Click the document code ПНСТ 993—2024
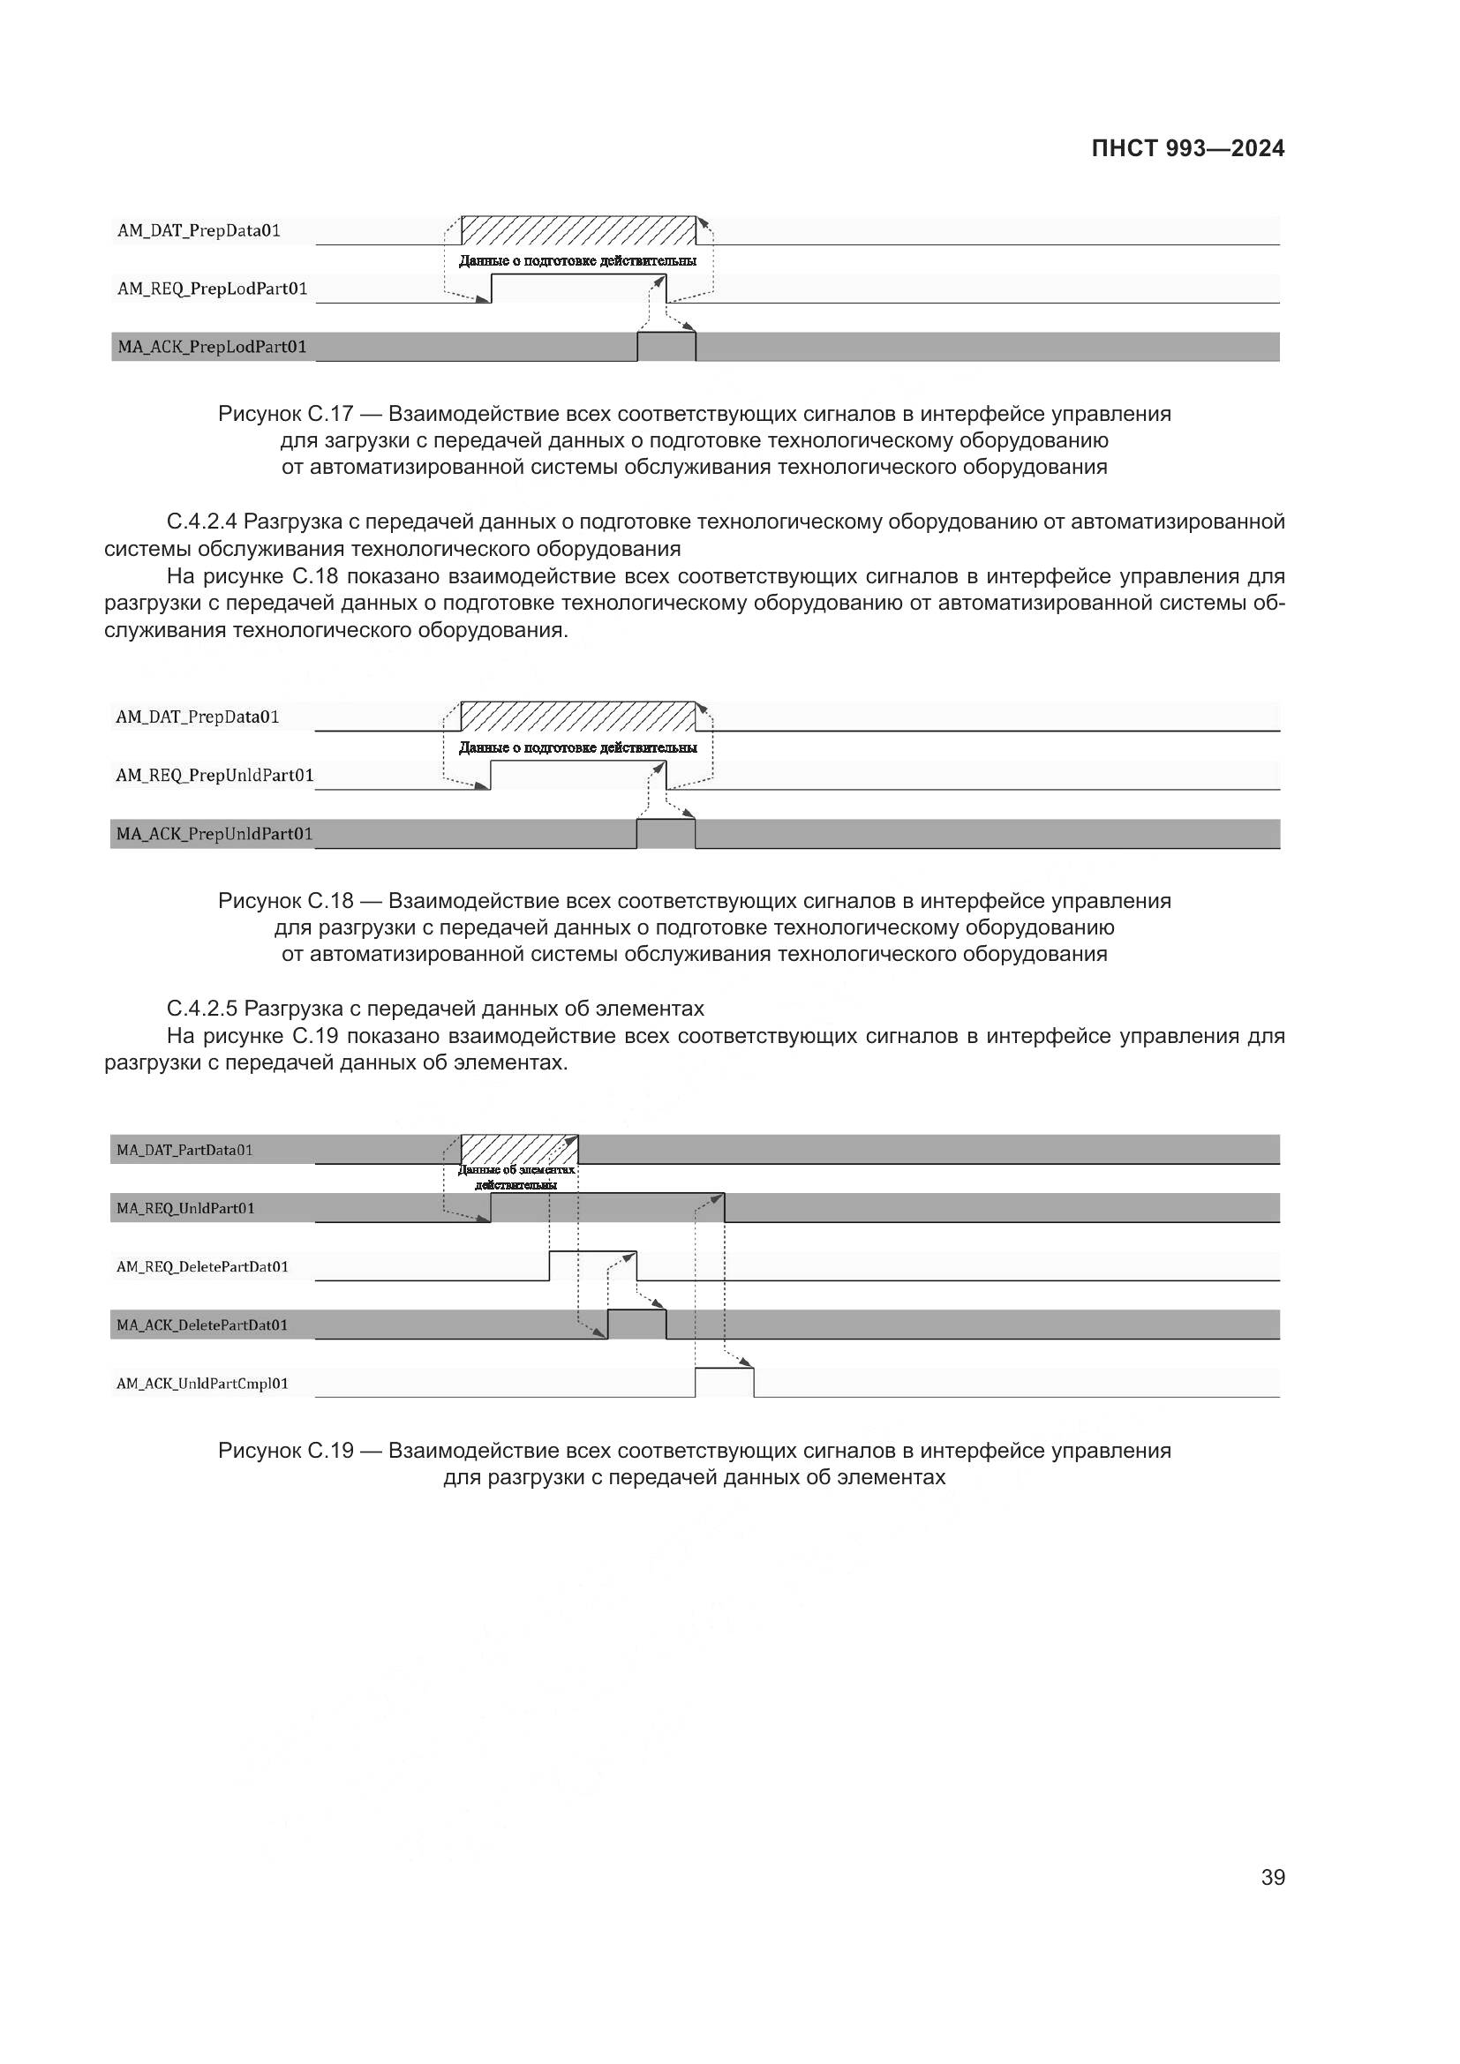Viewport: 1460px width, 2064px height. pos(1186,149)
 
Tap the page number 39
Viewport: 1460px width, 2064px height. pos(1272,1877)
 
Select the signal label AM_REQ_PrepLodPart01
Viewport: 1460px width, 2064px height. pos(212,289)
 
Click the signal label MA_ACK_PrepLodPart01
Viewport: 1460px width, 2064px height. pos(212,347)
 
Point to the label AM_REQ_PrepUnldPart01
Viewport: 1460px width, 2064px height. pos(214,775)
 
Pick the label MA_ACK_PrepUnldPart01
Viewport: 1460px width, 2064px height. pos(214,834)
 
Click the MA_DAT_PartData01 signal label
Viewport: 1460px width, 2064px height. pos(184,1150)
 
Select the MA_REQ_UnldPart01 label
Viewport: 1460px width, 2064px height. pos(185,1208)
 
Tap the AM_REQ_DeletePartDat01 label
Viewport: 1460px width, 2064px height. pos(202,1266)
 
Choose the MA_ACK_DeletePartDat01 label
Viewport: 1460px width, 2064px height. pos(202,1325)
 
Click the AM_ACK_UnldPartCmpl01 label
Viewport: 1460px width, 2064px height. pos(202,1384)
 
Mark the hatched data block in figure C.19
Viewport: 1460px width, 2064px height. pos(519,1150)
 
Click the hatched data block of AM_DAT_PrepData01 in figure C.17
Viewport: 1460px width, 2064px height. pos(578,230)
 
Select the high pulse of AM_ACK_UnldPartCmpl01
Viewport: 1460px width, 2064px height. pos(724,1382)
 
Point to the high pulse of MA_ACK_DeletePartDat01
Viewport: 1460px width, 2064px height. pos(636,1324)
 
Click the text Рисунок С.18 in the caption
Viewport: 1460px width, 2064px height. pos(286,901)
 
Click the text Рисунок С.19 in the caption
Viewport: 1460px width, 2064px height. pos(286,1451)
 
